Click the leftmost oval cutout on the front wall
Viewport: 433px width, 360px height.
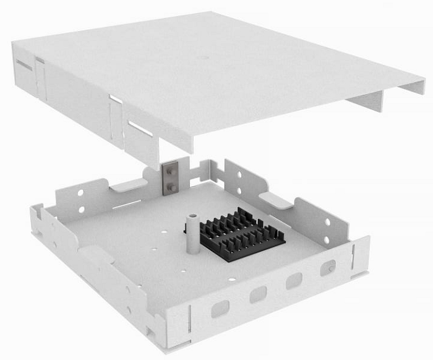point(220,307)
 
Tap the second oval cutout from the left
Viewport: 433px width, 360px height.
point(259,294)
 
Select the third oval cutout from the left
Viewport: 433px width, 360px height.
point(294,280)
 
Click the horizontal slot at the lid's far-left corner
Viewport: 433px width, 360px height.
point(24,64)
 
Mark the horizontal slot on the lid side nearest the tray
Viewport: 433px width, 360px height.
point(140,128)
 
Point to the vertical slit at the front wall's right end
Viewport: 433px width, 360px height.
point(353,254)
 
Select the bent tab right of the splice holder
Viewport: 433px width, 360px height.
point(275,199)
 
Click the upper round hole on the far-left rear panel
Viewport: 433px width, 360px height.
point(80,193)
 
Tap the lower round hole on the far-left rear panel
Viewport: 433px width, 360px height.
point(82,208)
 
